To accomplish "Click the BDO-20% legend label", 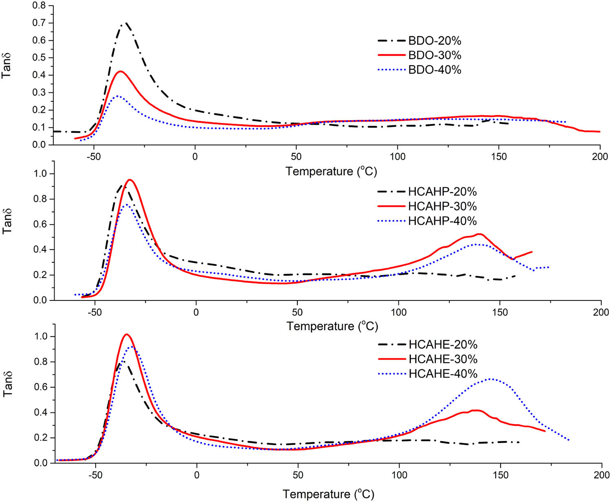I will point(435,41).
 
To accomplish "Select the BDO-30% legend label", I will point(435,55).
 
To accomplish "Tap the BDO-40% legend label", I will point(435,70).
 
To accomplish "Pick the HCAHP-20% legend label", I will point(442,192).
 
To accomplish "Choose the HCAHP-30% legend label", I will point(442,206).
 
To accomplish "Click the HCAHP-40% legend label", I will point(442,221).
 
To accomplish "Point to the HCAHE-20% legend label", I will point(443,344).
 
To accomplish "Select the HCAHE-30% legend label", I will point(443,359).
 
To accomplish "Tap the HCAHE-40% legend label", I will point(443,374).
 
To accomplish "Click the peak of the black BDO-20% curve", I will point(125,23).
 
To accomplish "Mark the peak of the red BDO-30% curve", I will point(120,71).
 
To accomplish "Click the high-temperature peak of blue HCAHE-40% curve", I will point(491,379).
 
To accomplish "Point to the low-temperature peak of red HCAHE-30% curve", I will point(127,334).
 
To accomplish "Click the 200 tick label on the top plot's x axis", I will point(600,157).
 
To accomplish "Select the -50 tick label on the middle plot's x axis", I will point(95,312).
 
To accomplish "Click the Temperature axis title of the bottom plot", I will point(328,494).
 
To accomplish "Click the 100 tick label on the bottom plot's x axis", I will point(399,475).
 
